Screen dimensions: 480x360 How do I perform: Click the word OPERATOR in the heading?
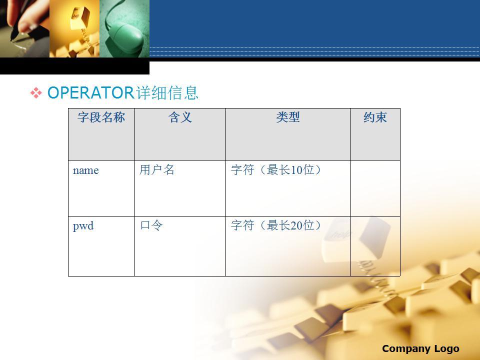point(90,92)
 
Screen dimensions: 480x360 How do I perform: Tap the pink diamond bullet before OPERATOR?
point(36,93)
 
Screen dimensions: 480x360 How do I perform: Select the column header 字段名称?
point(101,117)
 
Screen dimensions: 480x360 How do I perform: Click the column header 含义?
point(180,117)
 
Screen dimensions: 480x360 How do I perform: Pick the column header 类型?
point(288,117)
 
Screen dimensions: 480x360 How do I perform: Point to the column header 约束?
point(375,117)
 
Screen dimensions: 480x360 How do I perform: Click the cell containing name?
point(101,188)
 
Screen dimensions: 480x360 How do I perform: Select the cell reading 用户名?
point(180,188)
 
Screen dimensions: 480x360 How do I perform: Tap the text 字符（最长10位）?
point(276,169)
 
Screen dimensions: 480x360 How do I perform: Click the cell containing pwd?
point(101,246)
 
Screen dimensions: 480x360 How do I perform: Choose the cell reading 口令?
point(180,246)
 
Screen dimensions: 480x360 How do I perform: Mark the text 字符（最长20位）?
point(276,225)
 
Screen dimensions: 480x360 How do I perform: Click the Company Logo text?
point(420,348)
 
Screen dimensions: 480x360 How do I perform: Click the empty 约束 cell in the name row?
point(375,188)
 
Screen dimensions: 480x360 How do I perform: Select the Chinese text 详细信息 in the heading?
point(167,92)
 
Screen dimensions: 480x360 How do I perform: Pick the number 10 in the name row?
point(296,170)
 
